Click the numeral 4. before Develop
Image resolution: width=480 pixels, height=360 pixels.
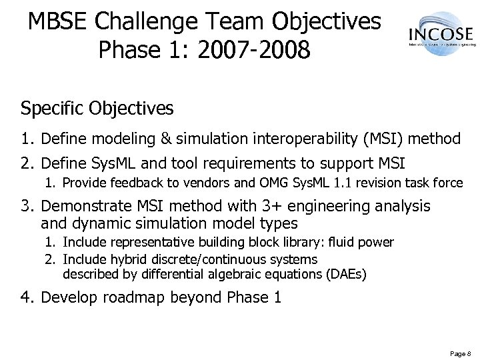pyautogui.click(x=27, y=297)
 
